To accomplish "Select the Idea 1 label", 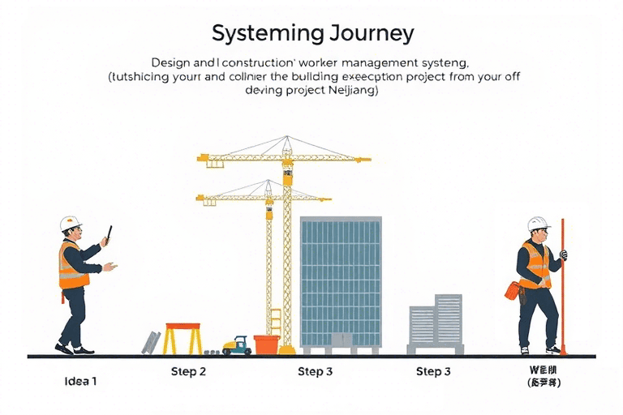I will (x=80, y=380).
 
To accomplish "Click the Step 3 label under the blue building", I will (x=315, y=372).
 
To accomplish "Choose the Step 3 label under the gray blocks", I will (x=434, y=372).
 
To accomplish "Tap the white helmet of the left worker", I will (x=71, y=223).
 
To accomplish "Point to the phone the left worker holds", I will (x=108, y=233).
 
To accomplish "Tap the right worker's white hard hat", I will (x=537, y=224).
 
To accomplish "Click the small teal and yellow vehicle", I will (x=235, y=345).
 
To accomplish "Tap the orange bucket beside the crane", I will (x=266, y=344).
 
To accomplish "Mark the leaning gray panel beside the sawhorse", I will (x=152, y=343).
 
